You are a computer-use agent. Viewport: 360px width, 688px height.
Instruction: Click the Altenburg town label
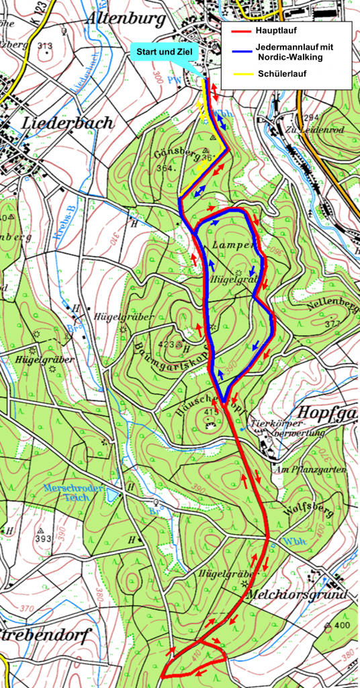[x=126, y=19]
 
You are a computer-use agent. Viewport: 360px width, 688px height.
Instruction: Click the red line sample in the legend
[x=240, y=31]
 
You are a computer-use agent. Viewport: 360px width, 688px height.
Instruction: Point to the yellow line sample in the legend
[x=240, y=73]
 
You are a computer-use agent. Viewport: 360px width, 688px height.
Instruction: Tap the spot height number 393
[x=43, y=540]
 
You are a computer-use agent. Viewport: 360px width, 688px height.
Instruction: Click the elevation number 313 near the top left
[x=44, y=46]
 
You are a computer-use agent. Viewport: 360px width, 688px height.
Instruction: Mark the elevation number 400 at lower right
[x=341, y=626]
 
